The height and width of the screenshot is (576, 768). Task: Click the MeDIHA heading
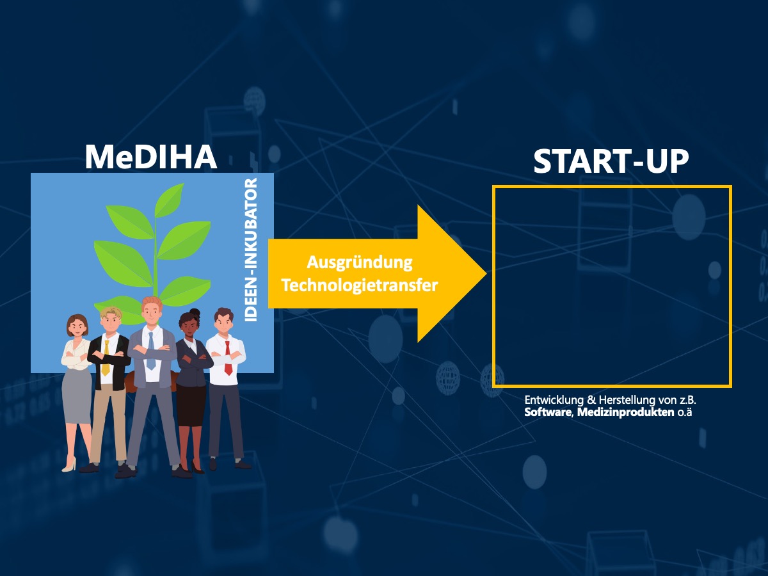(x=151, y=157)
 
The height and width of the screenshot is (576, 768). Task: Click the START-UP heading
(x=611, y=161)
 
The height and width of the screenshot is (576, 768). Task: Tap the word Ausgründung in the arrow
(x=360, y=263)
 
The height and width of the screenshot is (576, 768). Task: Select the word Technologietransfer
(x=360, y=285)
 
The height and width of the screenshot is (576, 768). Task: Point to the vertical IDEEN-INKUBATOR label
(x=251, y=250)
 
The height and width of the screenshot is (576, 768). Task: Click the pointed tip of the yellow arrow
(x=486, y=273)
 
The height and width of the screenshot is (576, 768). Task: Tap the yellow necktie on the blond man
(x=106, y=358)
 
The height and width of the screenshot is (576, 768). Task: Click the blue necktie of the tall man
(x=151, y=351)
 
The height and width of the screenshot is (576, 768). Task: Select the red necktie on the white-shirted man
(x=228, y=358)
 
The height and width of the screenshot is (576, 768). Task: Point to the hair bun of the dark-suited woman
(x=194, y=312)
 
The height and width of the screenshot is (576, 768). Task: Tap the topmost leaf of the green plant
(x=170, y=200)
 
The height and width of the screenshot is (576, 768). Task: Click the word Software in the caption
(x=548, y=412)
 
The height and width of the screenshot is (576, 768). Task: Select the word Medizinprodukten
(x=625, y=413)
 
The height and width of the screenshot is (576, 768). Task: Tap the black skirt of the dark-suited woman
(x=191, y=404)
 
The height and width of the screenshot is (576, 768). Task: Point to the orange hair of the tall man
(x=152, y=301)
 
